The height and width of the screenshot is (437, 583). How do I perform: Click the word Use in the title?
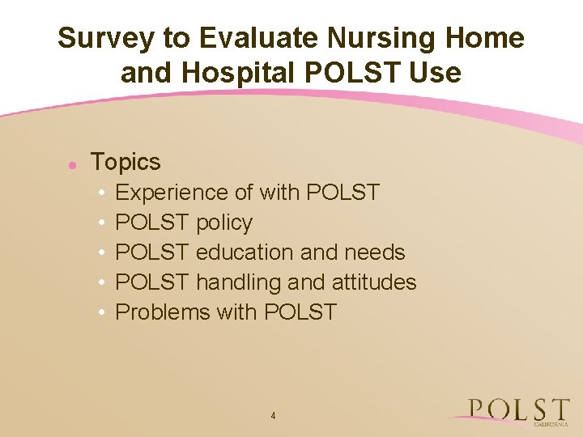click(435, 74)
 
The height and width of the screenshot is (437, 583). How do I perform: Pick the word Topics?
click(126, 162)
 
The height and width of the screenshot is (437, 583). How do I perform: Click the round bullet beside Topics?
click(72, 164)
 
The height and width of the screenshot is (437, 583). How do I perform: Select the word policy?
click(223, 223)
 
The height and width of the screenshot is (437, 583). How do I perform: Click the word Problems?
click(163, 312)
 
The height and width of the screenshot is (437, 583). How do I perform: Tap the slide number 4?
click(273, 416)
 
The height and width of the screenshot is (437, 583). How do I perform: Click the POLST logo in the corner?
click(518, 409)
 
